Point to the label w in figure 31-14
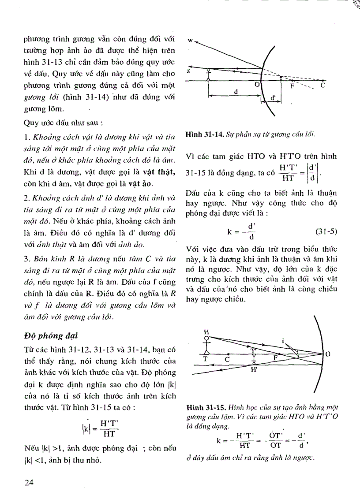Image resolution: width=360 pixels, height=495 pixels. point(190,40)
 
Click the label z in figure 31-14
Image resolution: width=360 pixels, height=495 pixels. point(188,71)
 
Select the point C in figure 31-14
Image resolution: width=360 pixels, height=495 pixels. point(322,86)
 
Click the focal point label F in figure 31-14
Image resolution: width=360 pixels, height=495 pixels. point(292,87)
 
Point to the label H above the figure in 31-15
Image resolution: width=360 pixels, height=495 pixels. point(206,331)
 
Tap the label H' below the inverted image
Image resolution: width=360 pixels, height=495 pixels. point(254,370)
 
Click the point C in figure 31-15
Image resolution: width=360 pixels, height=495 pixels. point(227,359)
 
